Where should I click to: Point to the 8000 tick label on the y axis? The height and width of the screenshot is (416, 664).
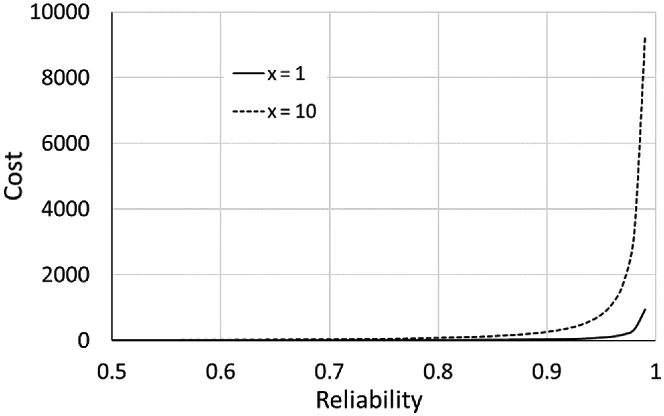(x=65, y=78)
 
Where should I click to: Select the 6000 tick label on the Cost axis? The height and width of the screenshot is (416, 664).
(x=65, y=144)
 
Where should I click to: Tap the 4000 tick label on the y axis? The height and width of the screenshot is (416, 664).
(x=65, y=209)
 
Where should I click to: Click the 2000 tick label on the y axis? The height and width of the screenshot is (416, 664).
(x=65, y=275)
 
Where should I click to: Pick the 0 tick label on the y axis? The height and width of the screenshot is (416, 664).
(x=84, y=341)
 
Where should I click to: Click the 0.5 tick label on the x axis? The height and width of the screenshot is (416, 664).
(x=112, y=372)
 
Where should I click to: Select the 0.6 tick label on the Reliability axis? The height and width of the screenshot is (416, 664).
(x=220, y=372)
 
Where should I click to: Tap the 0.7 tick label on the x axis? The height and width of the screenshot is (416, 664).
(x=329, y=372)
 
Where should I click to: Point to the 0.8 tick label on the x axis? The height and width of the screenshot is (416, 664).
(x=438, y=372)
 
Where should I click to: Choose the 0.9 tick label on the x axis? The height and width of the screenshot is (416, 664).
(x=547, y=372)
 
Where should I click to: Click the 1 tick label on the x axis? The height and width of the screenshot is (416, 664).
(x=655, y=372)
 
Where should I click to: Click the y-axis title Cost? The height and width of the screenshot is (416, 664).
(x=14, y=176)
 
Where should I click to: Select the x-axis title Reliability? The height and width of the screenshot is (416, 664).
(x=369, y=400)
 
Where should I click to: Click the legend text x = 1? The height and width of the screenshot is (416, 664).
(x=286, y=75)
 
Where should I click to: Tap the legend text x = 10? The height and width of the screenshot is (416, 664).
(x=291, y=112)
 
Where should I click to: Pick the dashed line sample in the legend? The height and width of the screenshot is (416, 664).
(x=249, y=112)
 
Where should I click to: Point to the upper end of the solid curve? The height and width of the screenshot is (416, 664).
(x=645, y=309)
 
